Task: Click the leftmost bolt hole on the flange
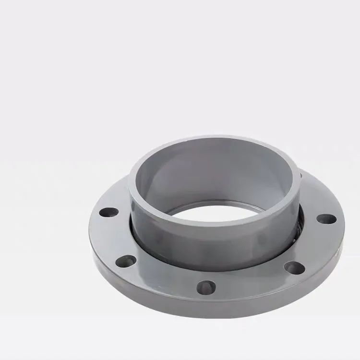point(109,211)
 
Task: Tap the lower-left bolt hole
point(126,261)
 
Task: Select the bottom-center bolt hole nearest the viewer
point(206,287)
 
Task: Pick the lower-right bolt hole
point(294,267)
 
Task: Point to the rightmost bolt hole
point(327,219)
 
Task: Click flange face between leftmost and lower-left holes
point(108,238)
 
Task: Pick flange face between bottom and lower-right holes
point(254,283)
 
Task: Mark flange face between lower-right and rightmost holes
point(317,245)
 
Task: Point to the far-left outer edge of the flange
point(90,230)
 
